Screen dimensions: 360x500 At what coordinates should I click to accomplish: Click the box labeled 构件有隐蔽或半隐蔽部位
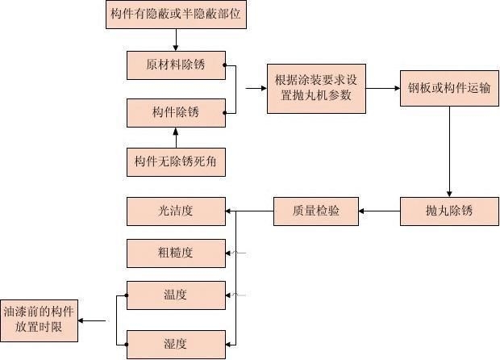[x=176, y=15]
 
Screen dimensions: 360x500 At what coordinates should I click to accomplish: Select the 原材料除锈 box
[x=176, y=65]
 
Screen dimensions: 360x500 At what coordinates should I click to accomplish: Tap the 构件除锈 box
[x=176, y=113]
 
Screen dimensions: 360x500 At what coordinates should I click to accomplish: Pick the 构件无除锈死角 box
[x=176, y=162]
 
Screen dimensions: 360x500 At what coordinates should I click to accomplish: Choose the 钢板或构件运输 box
[x=448, y=88]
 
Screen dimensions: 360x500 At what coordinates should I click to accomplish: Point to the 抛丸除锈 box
[x=448, y=211]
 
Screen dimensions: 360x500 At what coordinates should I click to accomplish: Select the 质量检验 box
[x=316, y=211]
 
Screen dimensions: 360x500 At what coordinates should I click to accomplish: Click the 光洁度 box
[x=176, y=211]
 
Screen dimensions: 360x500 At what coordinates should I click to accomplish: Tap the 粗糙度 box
[x=176, y=253]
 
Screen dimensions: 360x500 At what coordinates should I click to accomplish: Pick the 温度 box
[x=176, y=295]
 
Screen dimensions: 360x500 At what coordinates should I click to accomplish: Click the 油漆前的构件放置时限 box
[x=39, y=320]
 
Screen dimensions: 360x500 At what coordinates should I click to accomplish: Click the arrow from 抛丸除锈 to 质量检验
[x=379, y=211]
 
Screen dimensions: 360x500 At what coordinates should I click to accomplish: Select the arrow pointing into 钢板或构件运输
[x=383, y=88]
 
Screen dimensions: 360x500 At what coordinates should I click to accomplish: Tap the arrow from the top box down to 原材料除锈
[x=176, y=40]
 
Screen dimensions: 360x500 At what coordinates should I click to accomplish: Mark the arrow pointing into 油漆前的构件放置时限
[x=93, y=320]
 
